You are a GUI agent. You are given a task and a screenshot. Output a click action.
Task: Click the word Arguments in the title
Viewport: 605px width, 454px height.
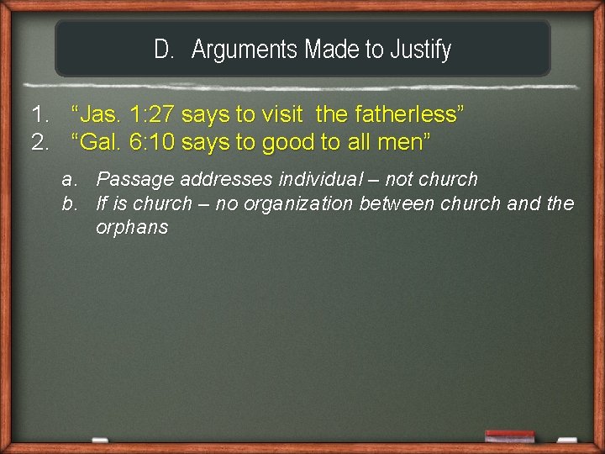(x=245, y=50)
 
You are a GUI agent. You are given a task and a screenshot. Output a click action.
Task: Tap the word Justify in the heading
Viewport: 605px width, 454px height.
(x=420, y=50)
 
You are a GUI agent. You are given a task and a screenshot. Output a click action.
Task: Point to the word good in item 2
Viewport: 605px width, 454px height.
(x=289, y=142)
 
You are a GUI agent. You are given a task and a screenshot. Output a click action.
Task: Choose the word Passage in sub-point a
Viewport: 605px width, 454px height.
(x=128, y=179)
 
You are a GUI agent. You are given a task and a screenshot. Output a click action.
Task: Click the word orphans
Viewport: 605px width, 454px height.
(x=132, y=227)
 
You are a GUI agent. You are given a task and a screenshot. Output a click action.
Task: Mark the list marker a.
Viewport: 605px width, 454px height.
(x=67, y=179)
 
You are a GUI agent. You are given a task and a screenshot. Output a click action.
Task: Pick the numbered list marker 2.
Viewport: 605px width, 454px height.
(x=39, y=142)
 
